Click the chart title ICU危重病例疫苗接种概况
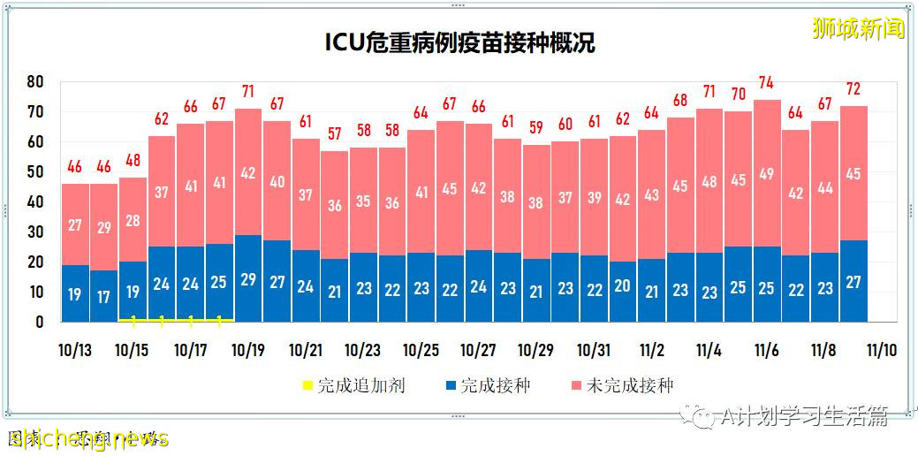click(x=459, y=43)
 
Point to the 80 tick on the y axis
click(x=35, y=81)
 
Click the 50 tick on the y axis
click(x=35, y=172)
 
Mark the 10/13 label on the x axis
click(x=74, y=350)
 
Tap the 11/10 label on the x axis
click(x=881, y=350)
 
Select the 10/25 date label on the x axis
click(x=420, y=350)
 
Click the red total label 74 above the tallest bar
click(x=766, y=83)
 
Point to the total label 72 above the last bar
click(x=853, y=89)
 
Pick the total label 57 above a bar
click(x=334, y=134)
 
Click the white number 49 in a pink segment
click(x=766, y=174)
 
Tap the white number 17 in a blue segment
click(x=103, y=298)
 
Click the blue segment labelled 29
click(x=247, y=278)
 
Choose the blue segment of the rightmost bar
click(x=853, y=281)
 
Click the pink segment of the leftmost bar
click(x=75, y=224)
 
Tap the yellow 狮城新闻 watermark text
click(x=858, y=28)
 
